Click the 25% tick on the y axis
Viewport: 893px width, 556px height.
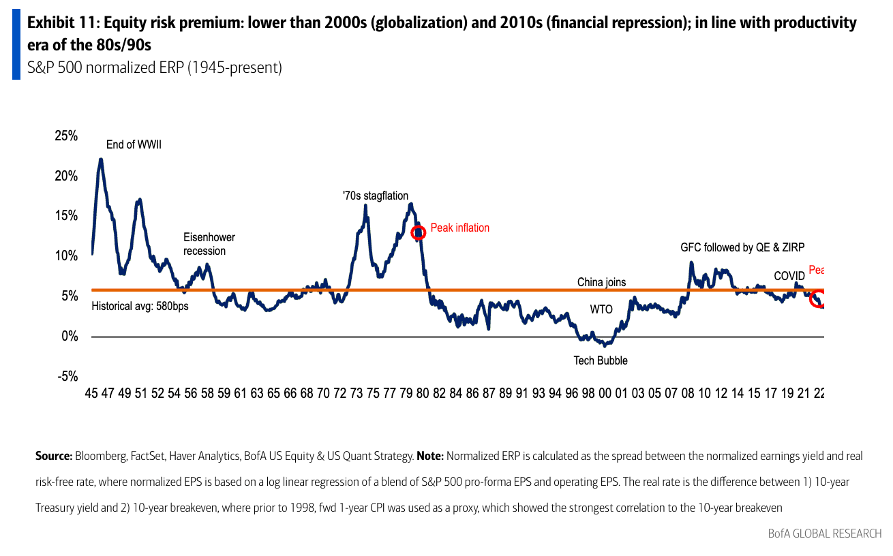coord(66,136)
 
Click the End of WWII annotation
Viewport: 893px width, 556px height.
coord(134,144)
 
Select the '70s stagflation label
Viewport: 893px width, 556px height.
coord(376,196)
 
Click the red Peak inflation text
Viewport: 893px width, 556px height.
coord(459,228)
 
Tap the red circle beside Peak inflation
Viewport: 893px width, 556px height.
coord(419,232)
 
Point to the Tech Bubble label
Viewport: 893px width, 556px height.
coord(600,360)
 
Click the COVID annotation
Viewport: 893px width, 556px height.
coord(789,276)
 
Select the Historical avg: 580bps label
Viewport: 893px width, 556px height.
coord(140,307)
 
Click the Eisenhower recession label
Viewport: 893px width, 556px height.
coord(209,244)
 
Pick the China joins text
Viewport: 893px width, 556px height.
coord(601,282)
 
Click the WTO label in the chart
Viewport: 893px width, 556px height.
coord(601,309)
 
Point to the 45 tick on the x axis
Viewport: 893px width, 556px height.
coord(92,394)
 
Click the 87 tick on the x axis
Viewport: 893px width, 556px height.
coord(489,394)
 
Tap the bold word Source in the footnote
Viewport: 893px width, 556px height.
coord(52,456)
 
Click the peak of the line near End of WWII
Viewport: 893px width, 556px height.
coord(101,159)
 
